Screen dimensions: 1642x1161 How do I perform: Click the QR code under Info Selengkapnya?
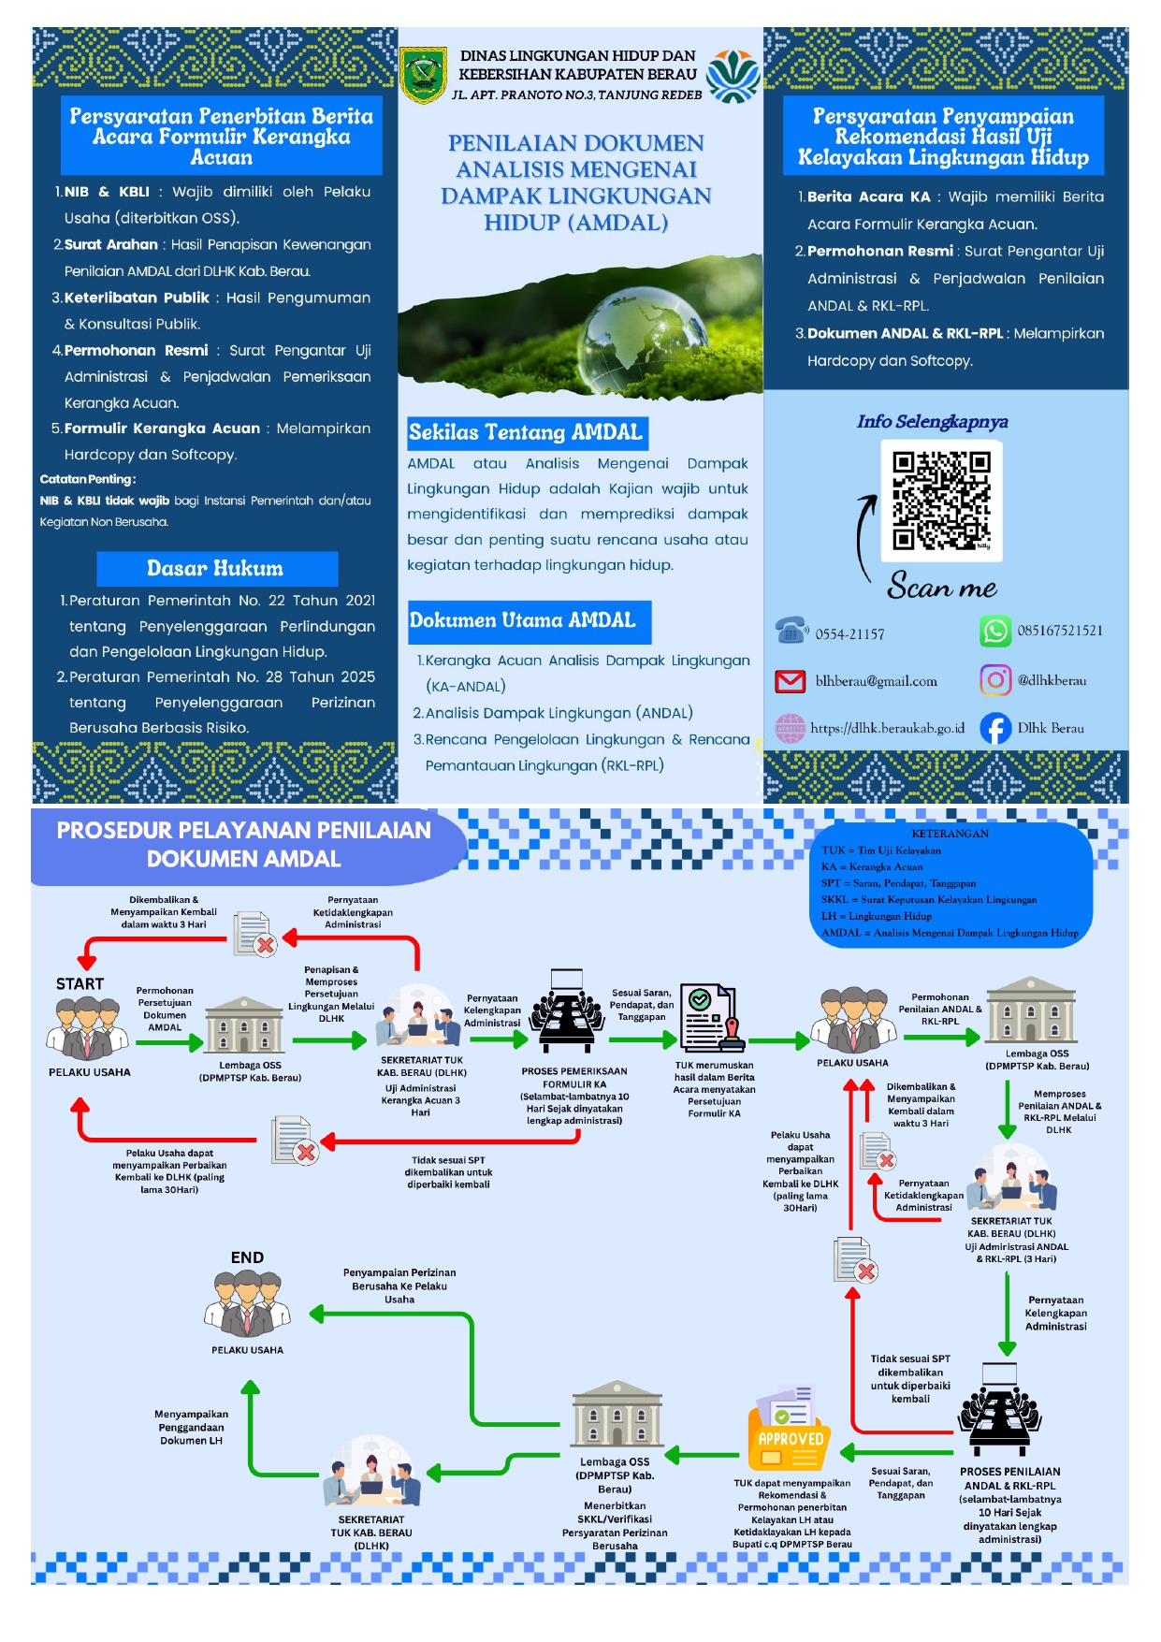point(941,501)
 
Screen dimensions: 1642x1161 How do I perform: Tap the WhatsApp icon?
point(995,632)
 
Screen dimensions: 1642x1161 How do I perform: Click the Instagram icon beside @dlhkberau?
point(995,680)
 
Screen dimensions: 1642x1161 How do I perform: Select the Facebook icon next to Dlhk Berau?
point(995,728)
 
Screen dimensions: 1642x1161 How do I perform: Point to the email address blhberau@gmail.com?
point(876,681)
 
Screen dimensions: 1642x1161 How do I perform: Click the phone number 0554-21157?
point(849,634)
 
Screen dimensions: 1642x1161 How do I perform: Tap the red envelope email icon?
point(791,681)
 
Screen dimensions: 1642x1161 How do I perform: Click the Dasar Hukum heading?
point(215,568)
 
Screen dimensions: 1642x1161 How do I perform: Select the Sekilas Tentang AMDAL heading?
point(526,432)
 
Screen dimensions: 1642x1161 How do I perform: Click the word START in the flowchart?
point(80,983)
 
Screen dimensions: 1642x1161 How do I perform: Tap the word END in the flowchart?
point(247,1257)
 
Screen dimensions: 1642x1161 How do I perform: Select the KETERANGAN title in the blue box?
point(950,834)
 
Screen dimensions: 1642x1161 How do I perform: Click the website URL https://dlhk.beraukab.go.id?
point(887,728)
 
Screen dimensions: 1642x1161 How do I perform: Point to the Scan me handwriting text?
point(942,587)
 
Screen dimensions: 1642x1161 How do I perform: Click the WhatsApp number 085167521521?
point(1060,631)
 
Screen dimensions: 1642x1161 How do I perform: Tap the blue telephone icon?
point(791,631)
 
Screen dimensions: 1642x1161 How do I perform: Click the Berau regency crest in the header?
point(424,75)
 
